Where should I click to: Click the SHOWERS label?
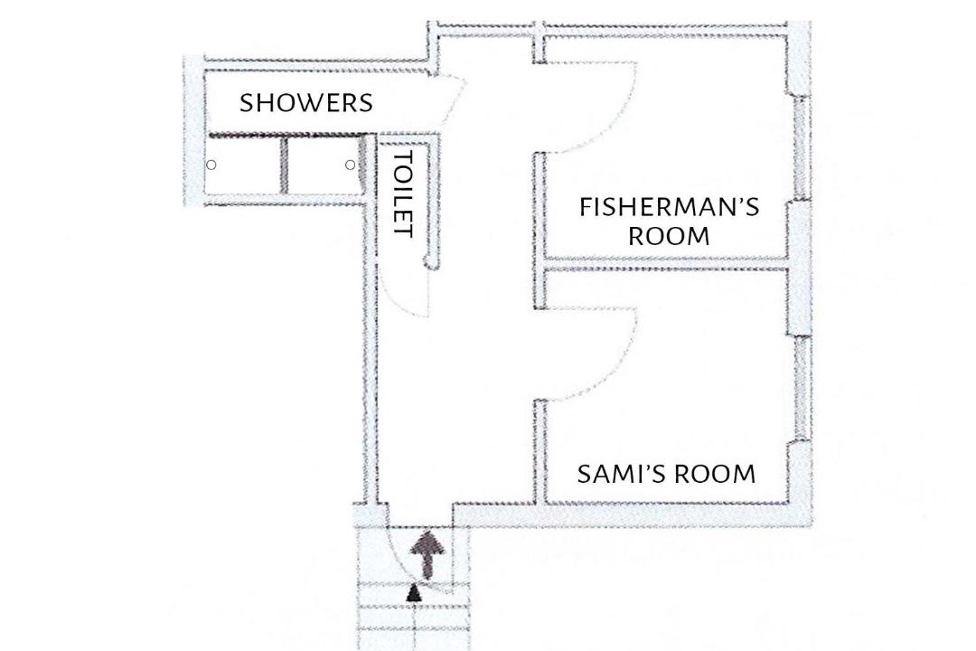click(x=306, y=103)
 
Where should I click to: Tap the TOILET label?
click(x=404, y=193)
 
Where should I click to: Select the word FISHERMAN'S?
click(x=669, y=207)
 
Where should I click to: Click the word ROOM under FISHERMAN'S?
click(x=669, y=237)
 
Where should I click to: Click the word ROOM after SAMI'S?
click(x=715, y=474)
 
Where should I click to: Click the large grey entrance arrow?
click(x=428, y=554)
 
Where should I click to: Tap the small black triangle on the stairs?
click(x=414, y=593)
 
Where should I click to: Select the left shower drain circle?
click(x=211, y=165)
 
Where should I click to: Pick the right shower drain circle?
click(x=351, y=165)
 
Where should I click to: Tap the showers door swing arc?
click(x=457, y=99)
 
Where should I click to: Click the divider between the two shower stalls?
click(x=284, y=165)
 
